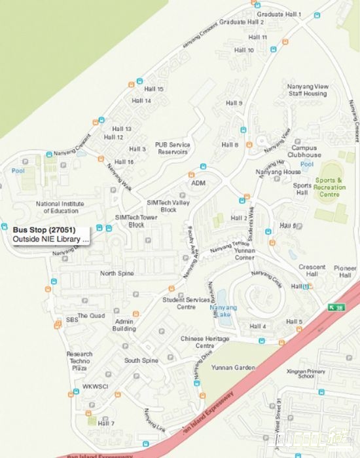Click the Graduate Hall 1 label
pyautogui.click(x=279, y=14)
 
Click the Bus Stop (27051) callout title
pyautogui.click(x=44, y=229)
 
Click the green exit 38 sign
pyautogui.click(x=336, y=307)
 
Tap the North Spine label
pyautogui.click(x=117, y=273)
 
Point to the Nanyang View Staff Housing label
pyautogui.click(x=307, y=90)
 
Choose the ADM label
pyautogui.click(x=198, y=183)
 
